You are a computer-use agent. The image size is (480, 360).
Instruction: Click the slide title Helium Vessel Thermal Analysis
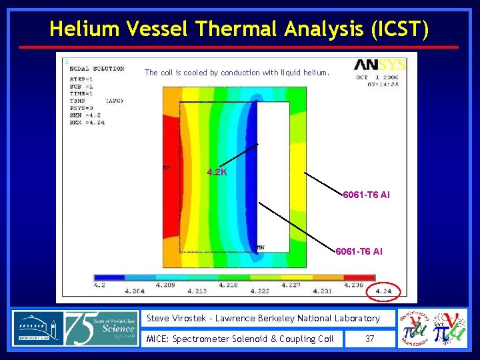coord(239,29)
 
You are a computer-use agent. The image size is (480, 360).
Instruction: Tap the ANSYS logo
coord(379,65)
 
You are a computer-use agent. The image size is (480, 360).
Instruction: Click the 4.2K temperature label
coord(217,172)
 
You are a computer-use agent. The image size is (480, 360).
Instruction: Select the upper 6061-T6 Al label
coord(366,195)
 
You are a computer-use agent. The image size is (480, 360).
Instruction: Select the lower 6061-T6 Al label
coord(359,251)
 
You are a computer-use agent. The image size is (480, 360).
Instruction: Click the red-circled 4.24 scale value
coord(383,291)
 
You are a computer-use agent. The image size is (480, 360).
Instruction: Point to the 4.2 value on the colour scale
coord(99,284)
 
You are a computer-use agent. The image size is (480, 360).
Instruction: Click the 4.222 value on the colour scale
coord(259,291)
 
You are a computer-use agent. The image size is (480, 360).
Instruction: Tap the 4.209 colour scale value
coord(165,285)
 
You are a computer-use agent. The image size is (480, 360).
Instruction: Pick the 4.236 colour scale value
coord(353,285)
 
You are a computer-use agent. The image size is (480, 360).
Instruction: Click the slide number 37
coord(370,339)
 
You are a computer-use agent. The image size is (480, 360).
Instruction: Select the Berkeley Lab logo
coord(37,329)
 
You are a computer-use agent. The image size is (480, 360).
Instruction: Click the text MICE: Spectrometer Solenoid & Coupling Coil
coord(240,339)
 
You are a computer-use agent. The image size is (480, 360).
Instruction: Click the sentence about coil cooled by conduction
coord(237,73)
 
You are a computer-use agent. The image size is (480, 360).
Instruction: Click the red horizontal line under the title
coord(239,47)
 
